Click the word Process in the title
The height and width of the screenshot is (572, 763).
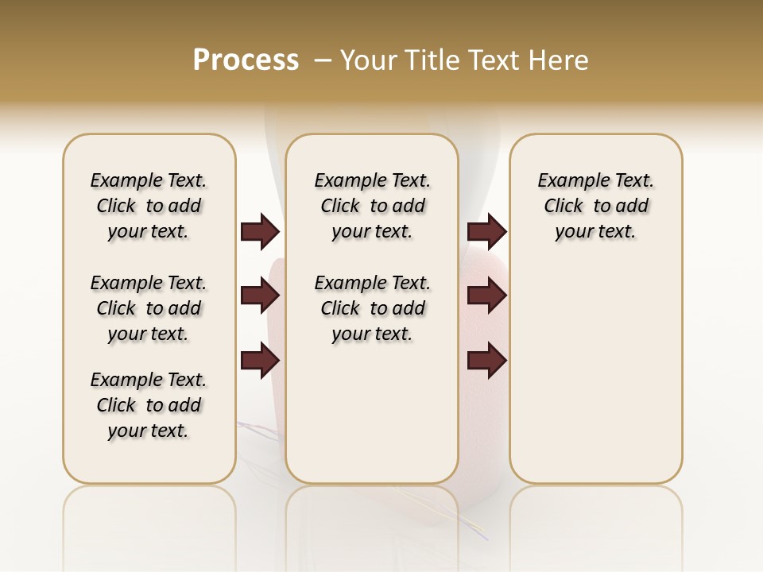246,60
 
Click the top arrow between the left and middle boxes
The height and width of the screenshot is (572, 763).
260,232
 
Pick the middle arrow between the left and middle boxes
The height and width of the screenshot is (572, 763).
260,296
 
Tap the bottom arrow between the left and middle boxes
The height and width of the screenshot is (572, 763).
260,360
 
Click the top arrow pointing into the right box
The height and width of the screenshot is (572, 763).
486,232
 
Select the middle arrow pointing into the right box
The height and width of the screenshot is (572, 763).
486,296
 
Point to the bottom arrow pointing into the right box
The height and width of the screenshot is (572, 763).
486,360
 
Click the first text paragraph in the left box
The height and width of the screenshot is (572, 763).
149,206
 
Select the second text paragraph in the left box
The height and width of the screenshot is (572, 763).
149,308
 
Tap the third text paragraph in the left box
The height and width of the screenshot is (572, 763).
149,405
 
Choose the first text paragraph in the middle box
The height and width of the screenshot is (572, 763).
372,206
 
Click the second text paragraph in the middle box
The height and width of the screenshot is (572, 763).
372,308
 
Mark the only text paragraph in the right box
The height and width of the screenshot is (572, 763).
595,206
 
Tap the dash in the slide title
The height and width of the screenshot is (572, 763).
323,60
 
